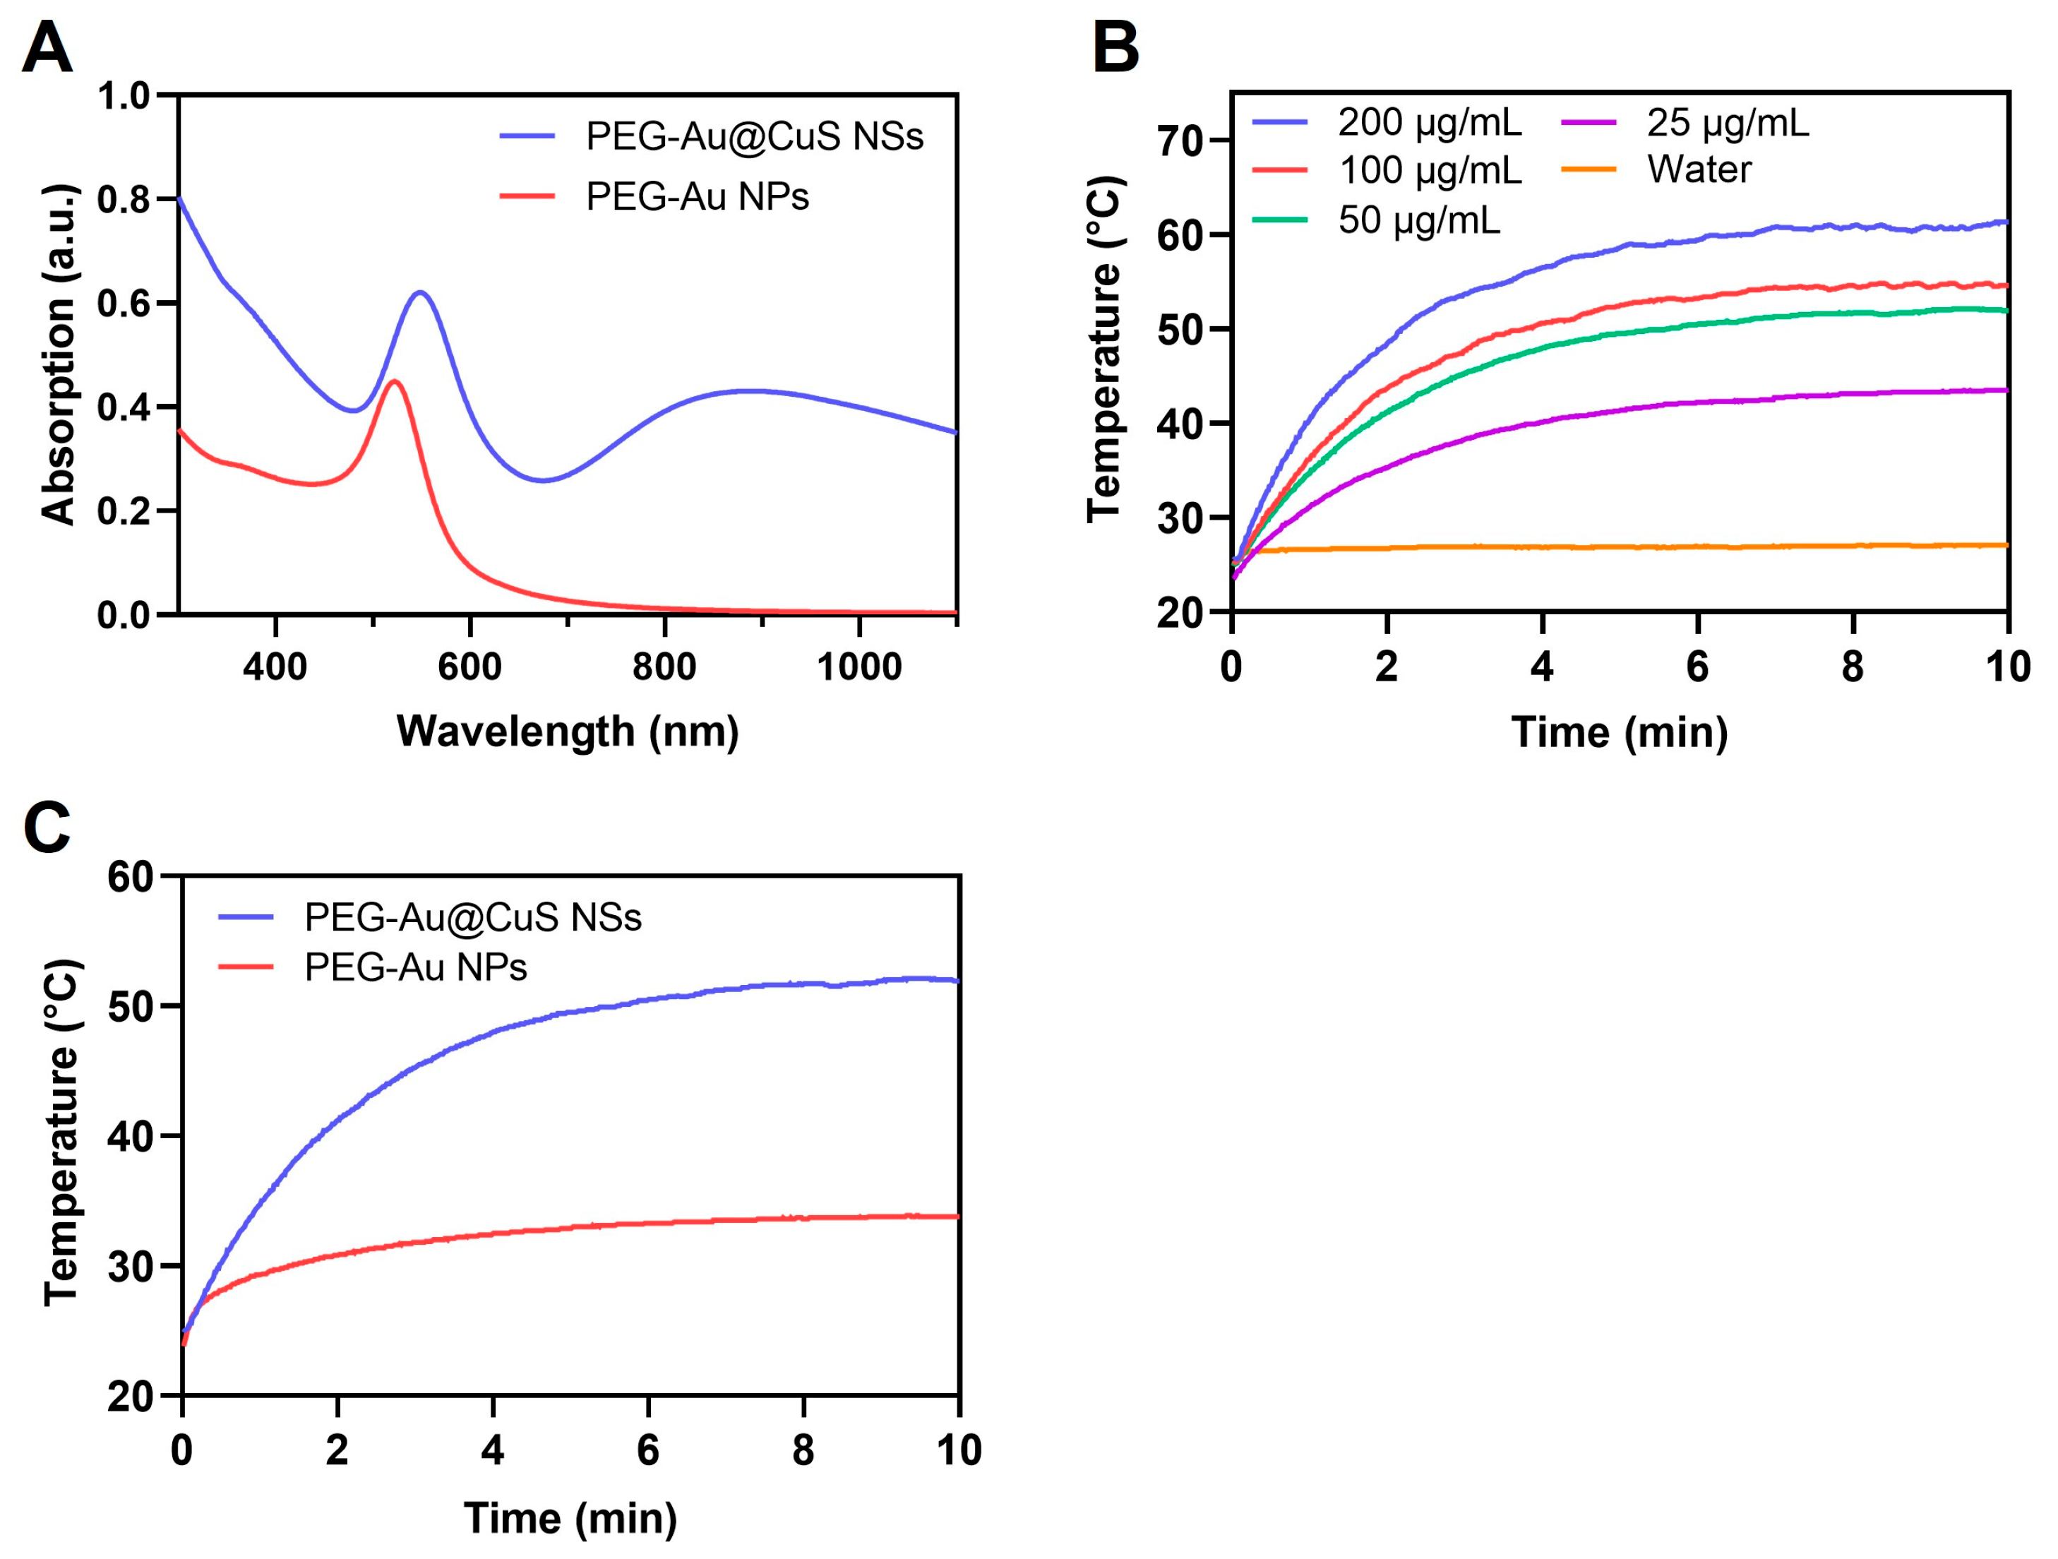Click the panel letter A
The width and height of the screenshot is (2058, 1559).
47,49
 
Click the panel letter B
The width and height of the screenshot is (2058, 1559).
1115,49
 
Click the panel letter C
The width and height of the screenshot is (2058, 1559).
47,827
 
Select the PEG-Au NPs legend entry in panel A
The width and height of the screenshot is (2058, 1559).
696,196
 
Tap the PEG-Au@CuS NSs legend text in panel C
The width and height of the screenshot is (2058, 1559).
472,917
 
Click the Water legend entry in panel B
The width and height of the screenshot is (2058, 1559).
1698,169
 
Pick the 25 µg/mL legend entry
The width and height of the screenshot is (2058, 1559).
1727,122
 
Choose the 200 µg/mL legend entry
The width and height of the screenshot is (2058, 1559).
1429,122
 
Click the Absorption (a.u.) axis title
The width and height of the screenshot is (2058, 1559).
58,354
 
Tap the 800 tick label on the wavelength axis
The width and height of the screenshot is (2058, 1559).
664,667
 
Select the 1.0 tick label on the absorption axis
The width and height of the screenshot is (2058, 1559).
123,95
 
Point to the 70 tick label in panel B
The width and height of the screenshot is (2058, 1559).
1180,141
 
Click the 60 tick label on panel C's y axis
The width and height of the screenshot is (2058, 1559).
130,876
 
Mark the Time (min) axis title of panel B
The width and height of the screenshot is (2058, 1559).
1619,732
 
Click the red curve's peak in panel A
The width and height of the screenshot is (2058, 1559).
395,381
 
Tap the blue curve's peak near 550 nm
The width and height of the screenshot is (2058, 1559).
421,292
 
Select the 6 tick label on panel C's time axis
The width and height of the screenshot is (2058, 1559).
647,1450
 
